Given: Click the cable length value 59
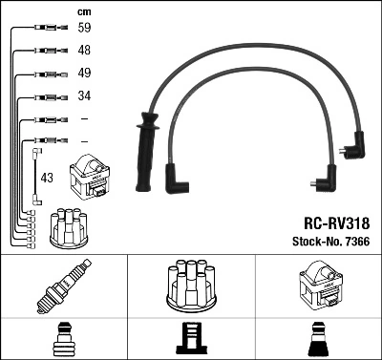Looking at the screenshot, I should coord(84,28).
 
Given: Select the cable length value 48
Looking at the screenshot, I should coord(84,50).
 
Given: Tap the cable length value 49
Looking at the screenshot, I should coord(84,73).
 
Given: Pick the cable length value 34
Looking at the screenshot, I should coord(84,95).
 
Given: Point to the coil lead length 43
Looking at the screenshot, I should coord(47,179).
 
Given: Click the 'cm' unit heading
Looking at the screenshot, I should coord(83,11).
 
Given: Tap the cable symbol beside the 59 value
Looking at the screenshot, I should coord(47,28).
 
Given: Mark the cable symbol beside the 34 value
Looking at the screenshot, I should coord(47,96).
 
